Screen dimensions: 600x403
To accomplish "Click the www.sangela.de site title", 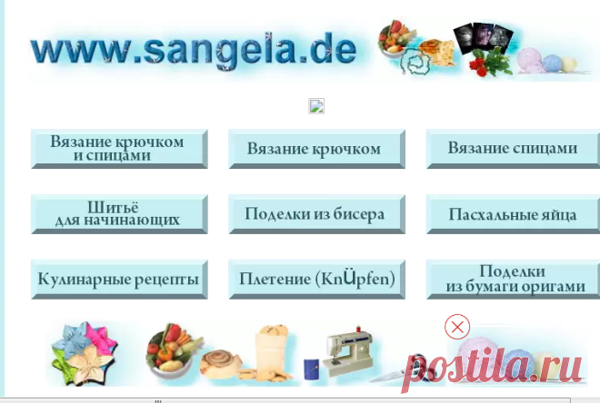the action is pos(194,51).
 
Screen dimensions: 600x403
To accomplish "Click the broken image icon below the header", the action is pos(316,106).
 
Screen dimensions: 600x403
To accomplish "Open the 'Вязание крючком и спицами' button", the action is pos(119,149).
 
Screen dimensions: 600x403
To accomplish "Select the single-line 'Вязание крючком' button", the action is pos(317,149).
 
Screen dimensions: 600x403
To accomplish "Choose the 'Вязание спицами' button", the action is pos(513,149).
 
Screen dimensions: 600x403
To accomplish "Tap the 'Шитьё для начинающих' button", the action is pos(119,214).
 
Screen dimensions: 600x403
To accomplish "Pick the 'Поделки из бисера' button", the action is pos(317,214).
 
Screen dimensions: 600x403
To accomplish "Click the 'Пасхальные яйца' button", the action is pos(513,214).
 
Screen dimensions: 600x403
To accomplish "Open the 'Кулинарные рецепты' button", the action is pos(119,280).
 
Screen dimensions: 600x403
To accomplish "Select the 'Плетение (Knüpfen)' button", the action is pos(317,280).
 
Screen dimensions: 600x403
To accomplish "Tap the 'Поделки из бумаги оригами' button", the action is pos(513,280).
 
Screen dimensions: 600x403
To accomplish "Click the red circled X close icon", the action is pos(457,327).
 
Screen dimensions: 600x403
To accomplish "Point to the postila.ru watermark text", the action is pos(492,369).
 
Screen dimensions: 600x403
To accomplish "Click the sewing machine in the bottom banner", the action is pos(347,349).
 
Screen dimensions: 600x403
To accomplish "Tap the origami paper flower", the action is pos(85,352).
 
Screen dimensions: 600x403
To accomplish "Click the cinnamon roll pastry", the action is pos(221,364).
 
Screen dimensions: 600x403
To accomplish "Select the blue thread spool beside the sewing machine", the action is pos(312,369).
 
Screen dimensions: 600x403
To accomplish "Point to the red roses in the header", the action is pos(491,63).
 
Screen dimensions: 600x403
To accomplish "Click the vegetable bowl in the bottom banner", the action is pos(172,351).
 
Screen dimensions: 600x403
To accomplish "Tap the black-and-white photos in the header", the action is pos(483,37).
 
